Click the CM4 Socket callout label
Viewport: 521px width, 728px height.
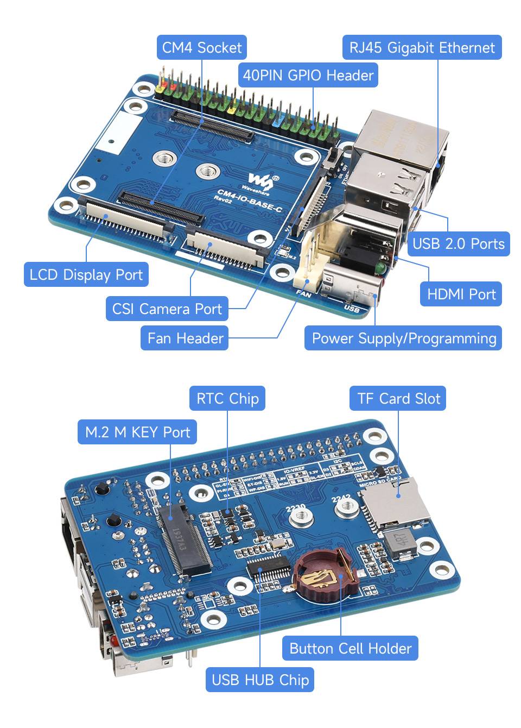[x=202, y=48]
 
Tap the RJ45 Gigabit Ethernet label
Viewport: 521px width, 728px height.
[x=422, y=48]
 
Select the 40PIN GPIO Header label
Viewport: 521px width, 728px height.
[x=308, y=75]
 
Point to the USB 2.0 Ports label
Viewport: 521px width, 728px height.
[x=458, y=243]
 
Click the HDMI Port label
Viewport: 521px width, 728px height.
[x=461, y=294]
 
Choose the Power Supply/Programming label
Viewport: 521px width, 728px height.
[x=403, y=338]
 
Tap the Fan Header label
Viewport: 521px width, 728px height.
[x=185, y=338]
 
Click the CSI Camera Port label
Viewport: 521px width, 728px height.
[x=167, y=309]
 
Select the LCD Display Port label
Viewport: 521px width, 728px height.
[x=86, y=275]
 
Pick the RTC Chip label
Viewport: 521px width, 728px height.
[x=227, y=399]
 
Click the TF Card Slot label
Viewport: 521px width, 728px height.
[x=398, y=399]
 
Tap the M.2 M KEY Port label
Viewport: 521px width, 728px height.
[x=137, y=432]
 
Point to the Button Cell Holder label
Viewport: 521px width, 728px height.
[x=350, y=649]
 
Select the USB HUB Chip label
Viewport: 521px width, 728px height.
[x=260, y=680]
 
